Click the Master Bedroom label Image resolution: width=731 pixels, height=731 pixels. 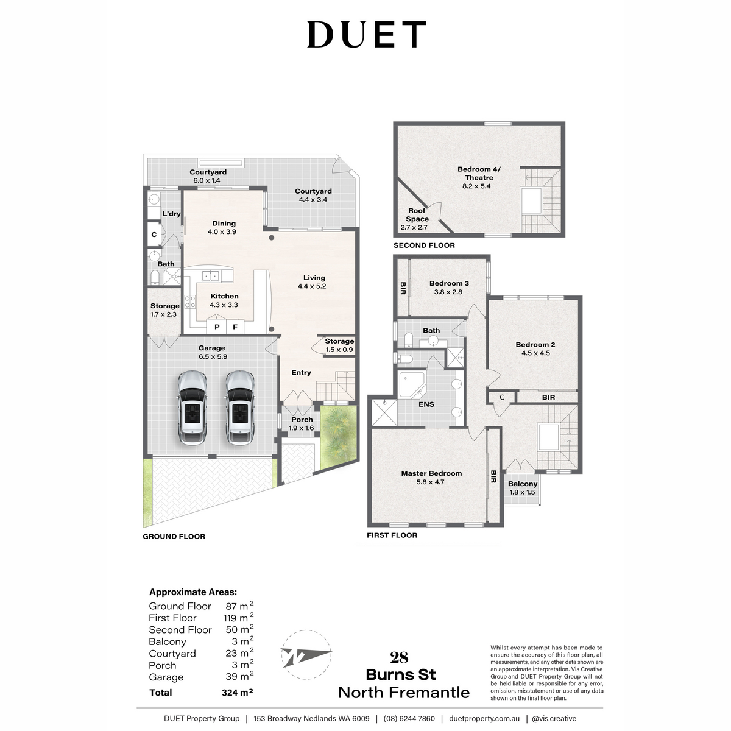click(431, 478)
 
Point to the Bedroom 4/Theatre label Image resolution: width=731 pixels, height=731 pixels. click(476, 177)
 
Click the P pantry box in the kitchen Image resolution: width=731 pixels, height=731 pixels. click(216, 327)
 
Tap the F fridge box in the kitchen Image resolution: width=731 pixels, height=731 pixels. click(235, 327)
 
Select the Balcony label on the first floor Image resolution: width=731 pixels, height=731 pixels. click(523, 487)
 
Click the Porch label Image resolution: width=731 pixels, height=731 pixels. click(302, 423)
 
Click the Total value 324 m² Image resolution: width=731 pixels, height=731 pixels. click(237, 693)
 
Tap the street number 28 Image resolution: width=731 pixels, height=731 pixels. click(399, 657)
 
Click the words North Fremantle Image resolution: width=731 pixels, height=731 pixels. click(404, 693)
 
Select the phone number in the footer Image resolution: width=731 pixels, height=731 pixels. click(409, 719)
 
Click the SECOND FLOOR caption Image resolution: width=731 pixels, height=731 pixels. click(424, 245)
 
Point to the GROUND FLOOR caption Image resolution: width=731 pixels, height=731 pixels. click(174, 537)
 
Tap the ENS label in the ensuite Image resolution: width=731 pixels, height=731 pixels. click(426, 404)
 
